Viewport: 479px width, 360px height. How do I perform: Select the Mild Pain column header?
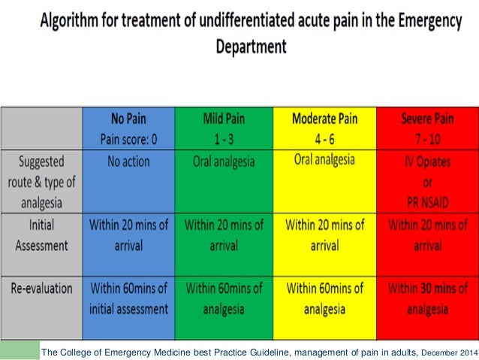[x=223, y=129]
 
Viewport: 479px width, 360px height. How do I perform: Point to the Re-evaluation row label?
[x=43, y=289]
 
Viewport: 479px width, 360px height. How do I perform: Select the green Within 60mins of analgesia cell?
[x=223, y=298]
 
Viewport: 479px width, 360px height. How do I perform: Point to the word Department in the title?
[x=251, y=46]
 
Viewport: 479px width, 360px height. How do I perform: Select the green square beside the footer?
[x=20, y=350]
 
